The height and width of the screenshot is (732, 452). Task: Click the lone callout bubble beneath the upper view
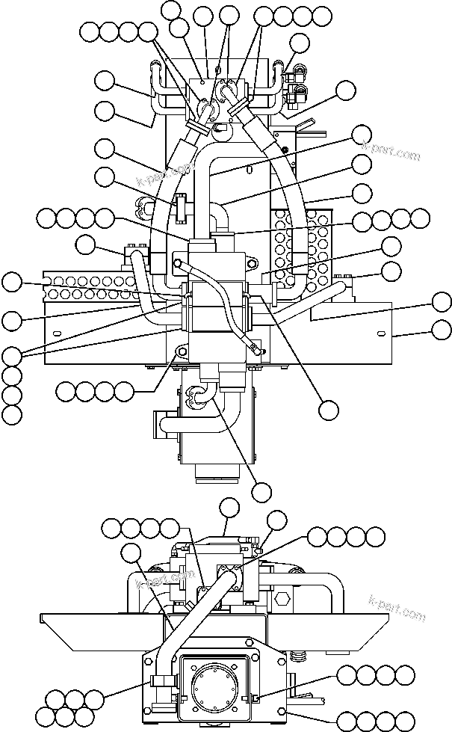261,491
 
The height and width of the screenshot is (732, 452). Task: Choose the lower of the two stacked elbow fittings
299,94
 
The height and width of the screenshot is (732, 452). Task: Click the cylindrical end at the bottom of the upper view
217,471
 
